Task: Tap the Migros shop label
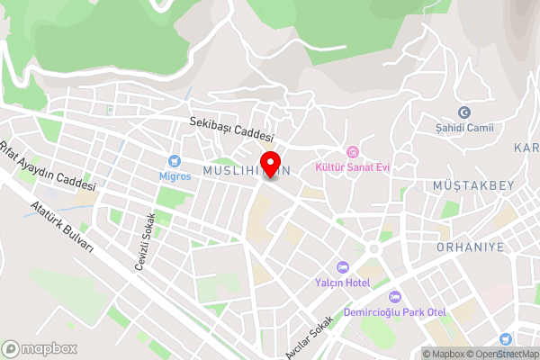tap(175, 175)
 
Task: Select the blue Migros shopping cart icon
tap(175, 161)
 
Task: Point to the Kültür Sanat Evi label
tap(352, 166)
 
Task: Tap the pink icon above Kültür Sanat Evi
tap(353, 151)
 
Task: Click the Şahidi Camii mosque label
tap(464, 127)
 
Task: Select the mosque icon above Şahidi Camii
tap(464, 112)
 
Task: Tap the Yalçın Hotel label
tap(342, 283)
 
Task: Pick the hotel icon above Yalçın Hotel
tap(342, 267)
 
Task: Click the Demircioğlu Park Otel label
tap(395, 312)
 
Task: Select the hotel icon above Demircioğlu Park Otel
tap(394, 297)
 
